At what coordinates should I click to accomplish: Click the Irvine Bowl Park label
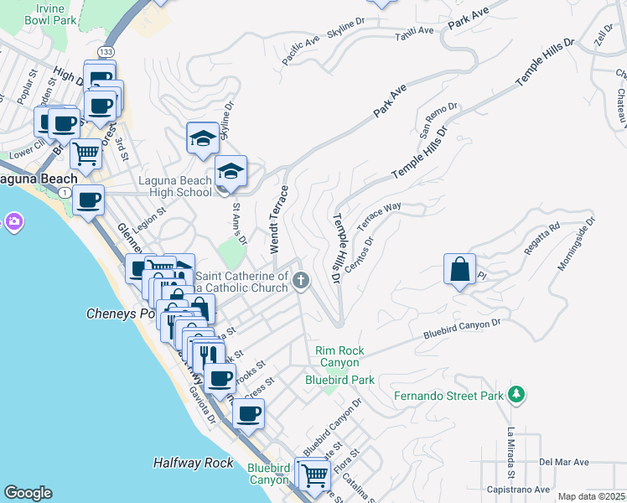(x=39, y=13)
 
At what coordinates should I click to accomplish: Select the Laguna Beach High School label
(x=175, y=186)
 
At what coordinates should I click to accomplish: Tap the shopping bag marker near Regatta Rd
(x=459, y=270)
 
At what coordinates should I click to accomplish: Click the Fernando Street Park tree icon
(x=517, y=394)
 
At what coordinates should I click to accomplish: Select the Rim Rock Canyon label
(x=337, y=357)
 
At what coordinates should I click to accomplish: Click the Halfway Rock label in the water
(x=194, y=463)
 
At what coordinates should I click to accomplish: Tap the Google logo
(x=28, y=493)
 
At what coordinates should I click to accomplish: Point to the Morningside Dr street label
(x=577, y=246)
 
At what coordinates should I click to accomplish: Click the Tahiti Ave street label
(x=416, y=31)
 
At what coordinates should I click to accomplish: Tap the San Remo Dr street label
(x=438, y=120)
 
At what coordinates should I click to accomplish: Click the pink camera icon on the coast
(x=13, y=222)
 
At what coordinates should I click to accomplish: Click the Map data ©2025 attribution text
(x=590, y=496)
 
